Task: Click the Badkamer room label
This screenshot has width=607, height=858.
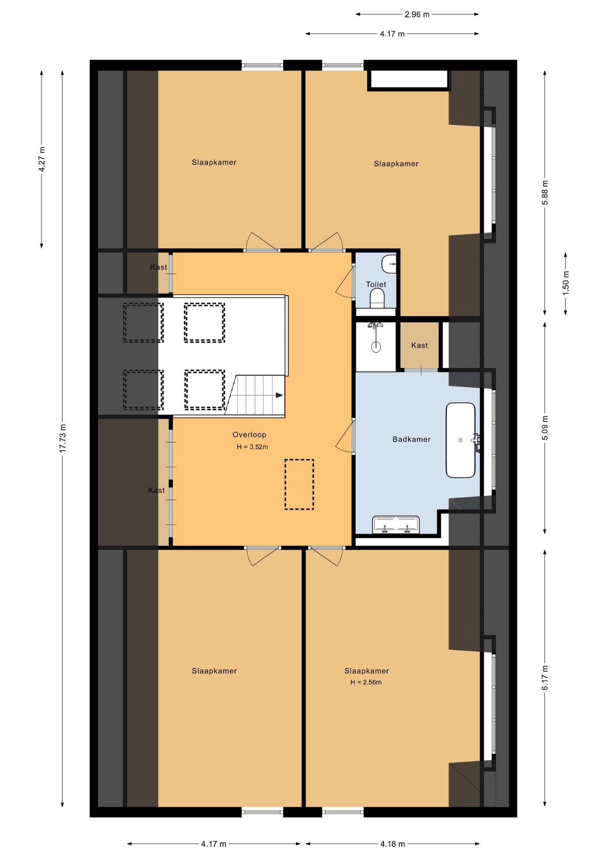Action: (411, 439)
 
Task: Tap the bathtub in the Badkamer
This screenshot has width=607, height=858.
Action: (460, 440)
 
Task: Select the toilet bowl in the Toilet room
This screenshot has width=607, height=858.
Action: (377, 298)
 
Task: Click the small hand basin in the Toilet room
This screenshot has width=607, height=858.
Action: (389, 264)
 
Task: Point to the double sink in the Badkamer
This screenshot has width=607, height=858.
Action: (396, 525)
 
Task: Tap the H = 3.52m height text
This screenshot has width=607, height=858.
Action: (252, 446)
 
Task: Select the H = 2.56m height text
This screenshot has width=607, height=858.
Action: (366, 682)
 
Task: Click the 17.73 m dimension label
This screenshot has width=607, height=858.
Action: (63, 438)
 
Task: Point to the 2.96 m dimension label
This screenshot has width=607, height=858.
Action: (417, 14)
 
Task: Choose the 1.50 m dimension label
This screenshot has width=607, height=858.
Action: (566, 283)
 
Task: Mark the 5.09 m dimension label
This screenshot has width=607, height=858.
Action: (545, 428)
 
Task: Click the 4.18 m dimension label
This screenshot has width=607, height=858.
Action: (392, 844)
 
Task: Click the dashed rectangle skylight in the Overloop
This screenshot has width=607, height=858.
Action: (299, 484)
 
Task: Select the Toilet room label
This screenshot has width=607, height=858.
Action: (376, 284)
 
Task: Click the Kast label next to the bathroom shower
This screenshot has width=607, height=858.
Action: (419, 345)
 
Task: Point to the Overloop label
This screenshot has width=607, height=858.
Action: (249, 434)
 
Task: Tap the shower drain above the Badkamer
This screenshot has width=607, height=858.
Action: (376, 346)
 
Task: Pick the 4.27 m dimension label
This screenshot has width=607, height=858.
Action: (42, 159)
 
